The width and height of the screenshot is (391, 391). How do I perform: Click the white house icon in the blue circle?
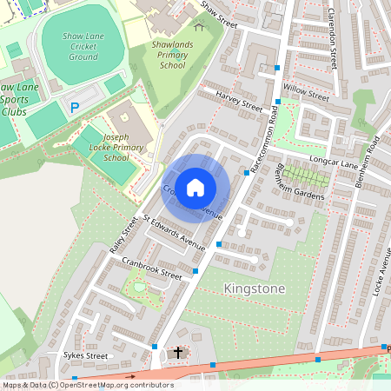(195, 187)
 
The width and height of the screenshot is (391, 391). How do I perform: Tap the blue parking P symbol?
(74, 107)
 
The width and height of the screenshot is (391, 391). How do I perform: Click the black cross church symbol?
(178, 353)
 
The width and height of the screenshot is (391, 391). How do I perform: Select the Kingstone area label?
(255, 288)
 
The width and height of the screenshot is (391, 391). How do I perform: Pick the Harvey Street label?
(238, 100)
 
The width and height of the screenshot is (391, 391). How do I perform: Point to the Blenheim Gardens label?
(300, 182)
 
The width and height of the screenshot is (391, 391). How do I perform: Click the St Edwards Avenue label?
(174, 234)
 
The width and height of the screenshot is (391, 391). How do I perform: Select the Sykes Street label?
(85, 355)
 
